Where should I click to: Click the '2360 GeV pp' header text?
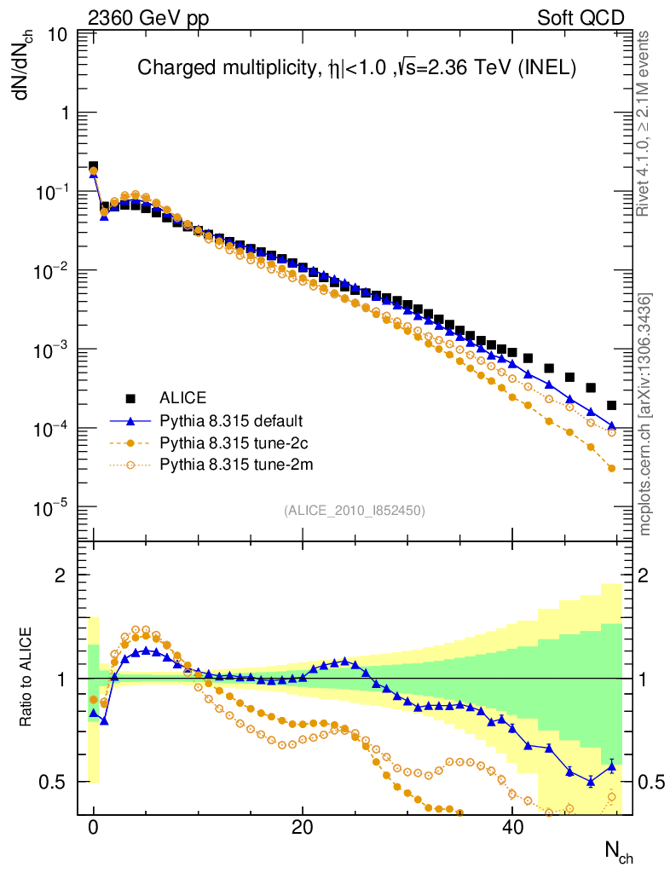pos(148,18)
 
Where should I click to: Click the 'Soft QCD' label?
pos(580,18)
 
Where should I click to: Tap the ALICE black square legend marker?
pos(130,398)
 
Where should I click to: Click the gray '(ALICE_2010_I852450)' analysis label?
pos(354,510)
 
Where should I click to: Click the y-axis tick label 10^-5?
pos(51,509)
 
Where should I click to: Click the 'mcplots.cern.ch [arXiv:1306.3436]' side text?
pos(646,415)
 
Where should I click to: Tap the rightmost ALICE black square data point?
pos(611,405)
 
